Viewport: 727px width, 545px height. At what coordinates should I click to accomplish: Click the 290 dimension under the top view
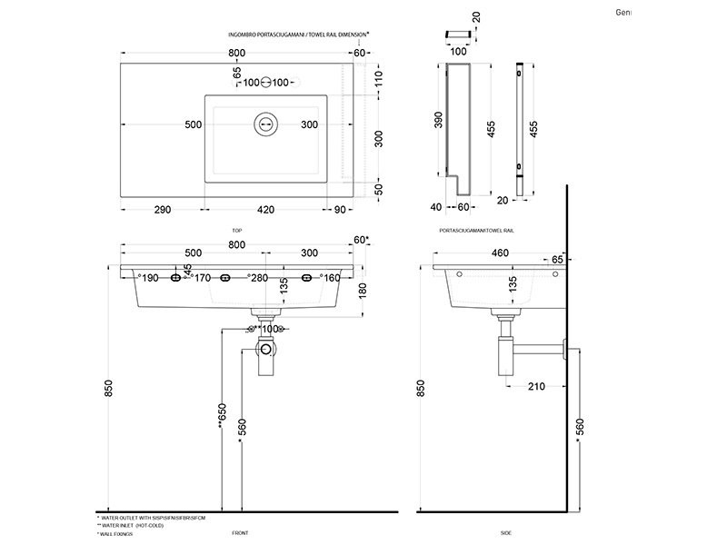pos(161,211)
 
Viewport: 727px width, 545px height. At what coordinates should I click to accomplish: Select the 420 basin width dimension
pos(265,211)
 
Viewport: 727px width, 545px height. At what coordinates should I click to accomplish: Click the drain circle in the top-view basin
pos(266,124)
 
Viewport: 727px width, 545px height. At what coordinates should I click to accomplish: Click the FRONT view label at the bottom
pos(240,533)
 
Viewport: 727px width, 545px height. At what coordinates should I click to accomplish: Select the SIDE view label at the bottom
pos(506,533)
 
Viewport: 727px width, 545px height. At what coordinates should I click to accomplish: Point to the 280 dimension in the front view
pos(259,278)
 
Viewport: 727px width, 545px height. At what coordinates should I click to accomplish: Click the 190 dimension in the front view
pos(149,278)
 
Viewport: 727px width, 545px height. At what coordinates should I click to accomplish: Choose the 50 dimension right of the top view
pos(379,188)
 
